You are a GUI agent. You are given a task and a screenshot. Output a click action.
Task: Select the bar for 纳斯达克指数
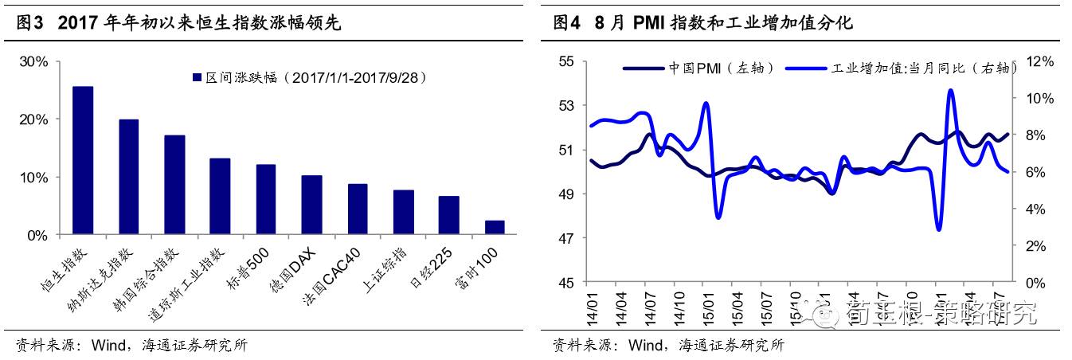coord(129,178)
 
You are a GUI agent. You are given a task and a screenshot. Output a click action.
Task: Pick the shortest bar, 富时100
coord(495,228)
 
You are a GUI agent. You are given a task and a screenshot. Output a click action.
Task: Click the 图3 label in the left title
coord(29,24)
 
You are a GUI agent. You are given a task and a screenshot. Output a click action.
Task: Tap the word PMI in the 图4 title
coord(651,24)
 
